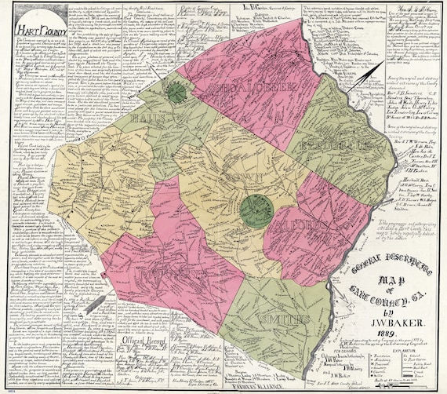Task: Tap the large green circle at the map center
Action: tap(256, 210)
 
